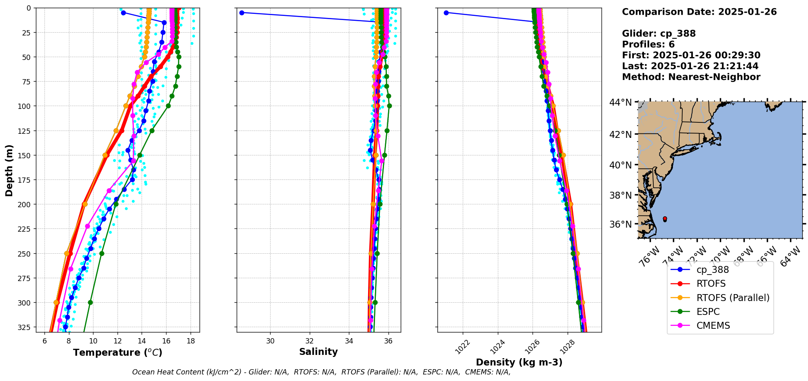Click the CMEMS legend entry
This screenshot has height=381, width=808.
pyautogui.click(x=713, y=326)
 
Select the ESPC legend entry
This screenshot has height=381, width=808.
pyautogui.click(x=708, y=312)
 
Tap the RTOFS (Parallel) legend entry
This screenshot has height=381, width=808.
pyautogui.click(x=733, y=298)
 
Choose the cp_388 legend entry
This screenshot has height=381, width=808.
pyautogui.click(x=713, y=270)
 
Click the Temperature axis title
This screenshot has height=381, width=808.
pyautogui.click(x=118, y=352)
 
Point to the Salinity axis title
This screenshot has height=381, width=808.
pyautogui.click(x=318, y=352)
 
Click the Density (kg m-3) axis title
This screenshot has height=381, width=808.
pyautogui.click(x=519, y=362)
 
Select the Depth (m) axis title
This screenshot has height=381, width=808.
pyautogui.click(x=9, y=170)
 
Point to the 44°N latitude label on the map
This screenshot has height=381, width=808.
pyautogui.click(x=620, y=102)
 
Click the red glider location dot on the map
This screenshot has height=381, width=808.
pyautogui.click(x=665, y=219)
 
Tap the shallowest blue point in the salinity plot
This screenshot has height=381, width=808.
pyautogui.click(x=242, y=13)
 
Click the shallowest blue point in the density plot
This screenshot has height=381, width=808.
pyautogui.click(x=446, y=13)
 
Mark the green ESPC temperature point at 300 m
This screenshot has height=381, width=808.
pyautogui.click(x=90, y=303)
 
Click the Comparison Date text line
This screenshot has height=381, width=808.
pyautogui.click(x=699, y=12)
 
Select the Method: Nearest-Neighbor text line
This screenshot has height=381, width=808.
pyautogui.click(x=691, y=77)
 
